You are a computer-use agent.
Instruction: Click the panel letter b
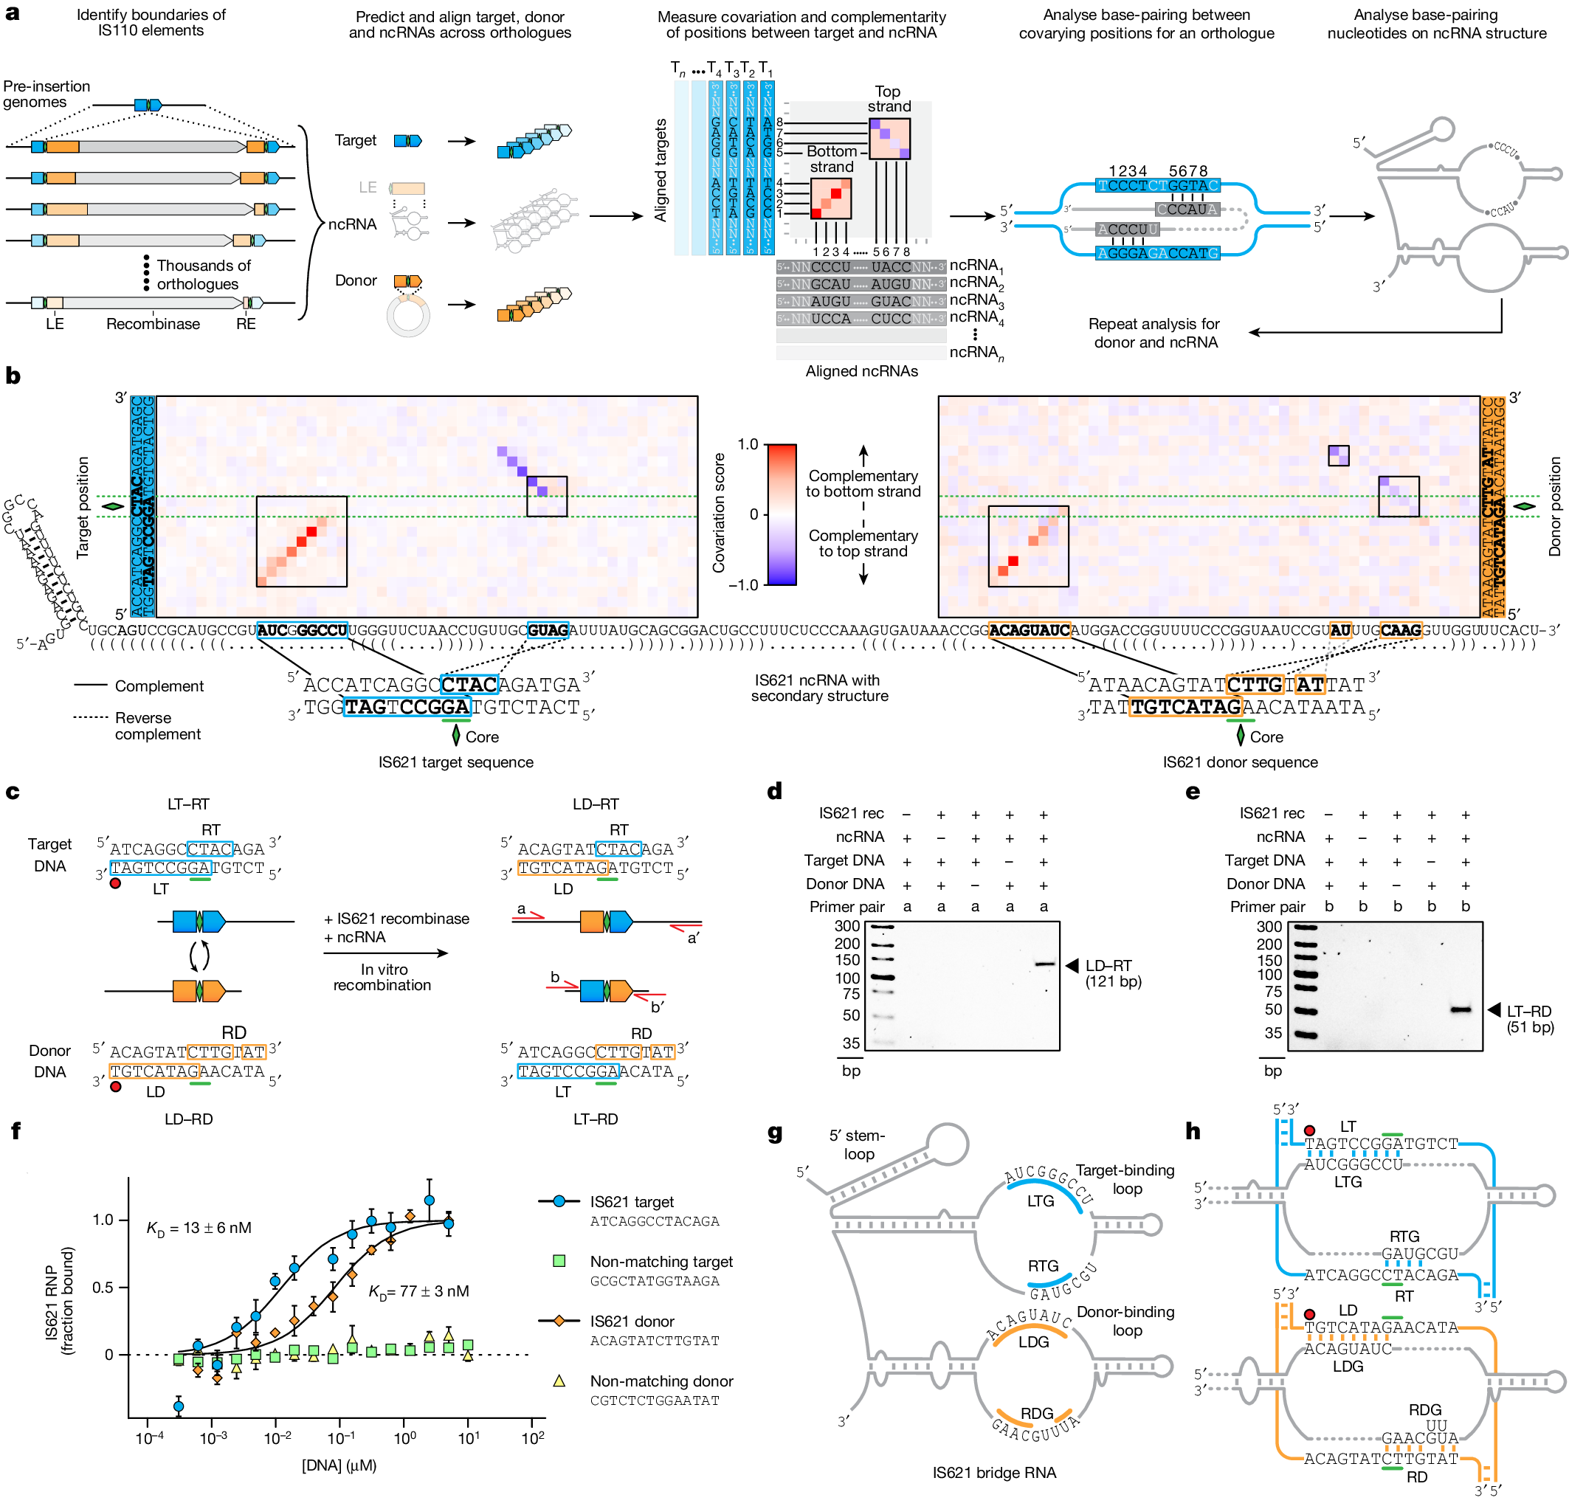click(x=13, y=376)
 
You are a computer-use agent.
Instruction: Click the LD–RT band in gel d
click(x=1044, y=964)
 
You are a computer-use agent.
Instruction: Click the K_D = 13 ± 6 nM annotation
click(x=199, y=1228)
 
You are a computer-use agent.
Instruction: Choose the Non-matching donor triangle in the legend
click(x=559, y=1381)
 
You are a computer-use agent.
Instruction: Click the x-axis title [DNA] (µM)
click(x=339, y=1465)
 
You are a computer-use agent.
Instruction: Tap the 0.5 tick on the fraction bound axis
click(x=103, y=1288)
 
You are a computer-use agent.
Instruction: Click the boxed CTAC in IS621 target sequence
click(x=469, y=685)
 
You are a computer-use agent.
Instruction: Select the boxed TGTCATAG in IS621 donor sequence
click(x=1184, y=708)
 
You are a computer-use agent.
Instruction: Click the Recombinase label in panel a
click(x=153, y=324)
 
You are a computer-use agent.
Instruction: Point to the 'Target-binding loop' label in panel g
click(x=1125, y=1178)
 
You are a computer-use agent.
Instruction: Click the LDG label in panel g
click(x=1033, y=1342)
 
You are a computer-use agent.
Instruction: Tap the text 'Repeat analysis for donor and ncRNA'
click(x=1154, y=333)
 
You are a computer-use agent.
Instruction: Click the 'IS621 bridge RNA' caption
click(x=993, y=1472)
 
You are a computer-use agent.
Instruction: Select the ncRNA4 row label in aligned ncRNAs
click(x=976, y=318)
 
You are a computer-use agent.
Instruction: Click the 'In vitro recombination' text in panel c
click(x=382, y=977)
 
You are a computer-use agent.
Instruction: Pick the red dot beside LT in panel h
click(x=1308, y=1130)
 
